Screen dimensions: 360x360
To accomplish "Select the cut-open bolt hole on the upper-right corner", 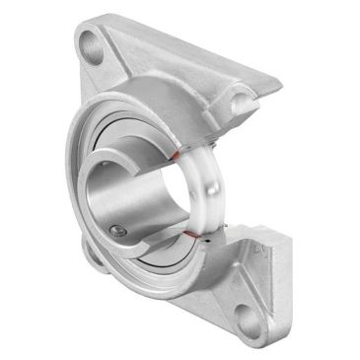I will [x=241, y=99].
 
